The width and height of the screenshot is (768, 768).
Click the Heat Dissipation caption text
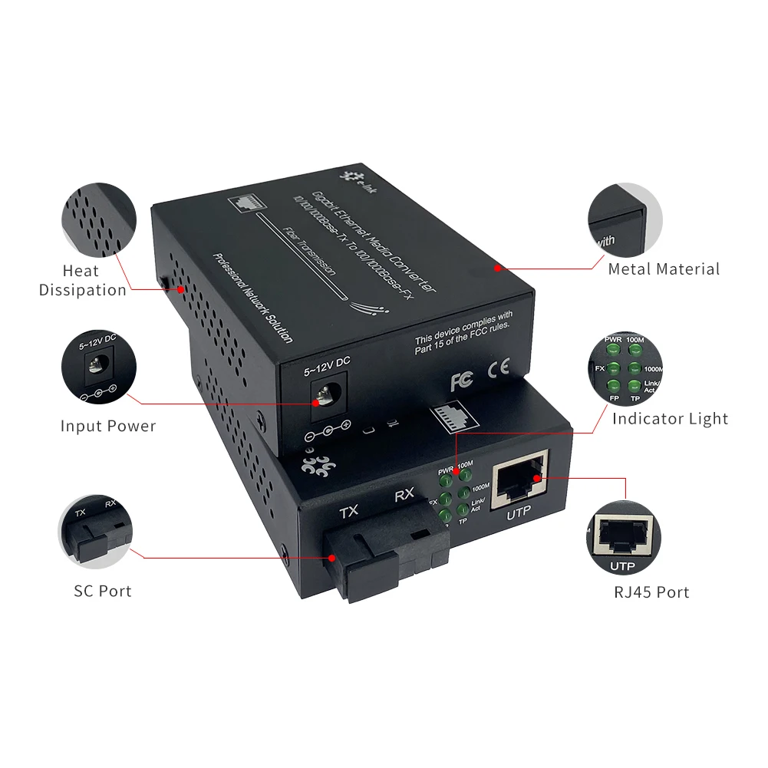(x=83, y=280)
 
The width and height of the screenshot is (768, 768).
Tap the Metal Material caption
(x=664, y=269)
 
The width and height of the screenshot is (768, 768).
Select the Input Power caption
(x=108, y=426)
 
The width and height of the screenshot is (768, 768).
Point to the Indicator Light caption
(x=670, y=419)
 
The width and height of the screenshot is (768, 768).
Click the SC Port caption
(x=103, y=591)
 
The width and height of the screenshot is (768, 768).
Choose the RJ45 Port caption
(x=651, y=592)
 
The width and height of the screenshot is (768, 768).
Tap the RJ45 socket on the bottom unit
(x=519, y=480)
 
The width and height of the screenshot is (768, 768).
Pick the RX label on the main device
(x=404, y=496)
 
